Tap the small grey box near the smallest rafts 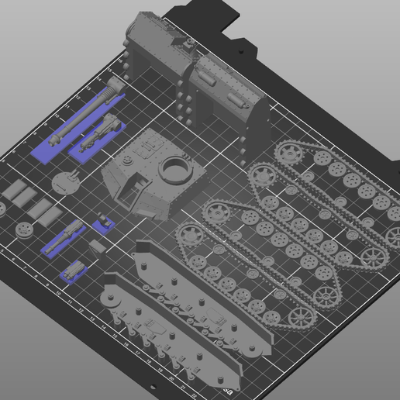pyautogui.click(x=96, y=245)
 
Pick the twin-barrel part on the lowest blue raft pyautogui.click(x=75, y=271)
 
